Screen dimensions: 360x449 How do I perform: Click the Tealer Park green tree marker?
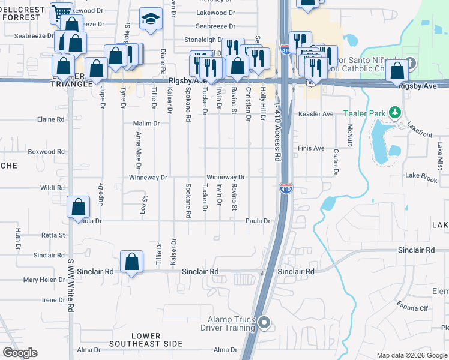(x=395, y=112)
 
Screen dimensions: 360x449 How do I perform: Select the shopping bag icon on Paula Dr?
(x=79, y=207)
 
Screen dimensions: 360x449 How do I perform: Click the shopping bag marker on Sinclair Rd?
(x=131, y=261)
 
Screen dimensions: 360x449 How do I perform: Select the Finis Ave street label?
(x=311, y=148)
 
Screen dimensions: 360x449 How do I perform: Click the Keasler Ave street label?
(x=315, y=114)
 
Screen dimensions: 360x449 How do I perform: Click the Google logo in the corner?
(x=20, y=353)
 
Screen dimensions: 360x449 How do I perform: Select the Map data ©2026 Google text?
(x=412, y=355)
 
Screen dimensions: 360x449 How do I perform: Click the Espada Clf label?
(x=412, y=307)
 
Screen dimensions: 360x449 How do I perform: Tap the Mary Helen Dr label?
(x=44, y=280)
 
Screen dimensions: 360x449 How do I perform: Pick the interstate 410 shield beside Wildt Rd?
(x=286, y=189)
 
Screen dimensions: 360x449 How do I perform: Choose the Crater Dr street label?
(x=336, y=163)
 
